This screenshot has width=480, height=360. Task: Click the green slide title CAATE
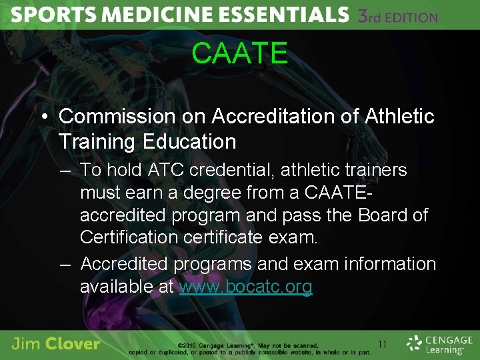[239, 53]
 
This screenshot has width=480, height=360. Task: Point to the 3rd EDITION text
[398, 16]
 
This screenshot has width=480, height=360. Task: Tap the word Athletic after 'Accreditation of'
[399, 116]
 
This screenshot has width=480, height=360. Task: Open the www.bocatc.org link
[245, 287]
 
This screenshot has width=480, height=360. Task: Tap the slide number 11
[382, 344]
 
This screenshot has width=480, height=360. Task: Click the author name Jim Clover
[55, 344]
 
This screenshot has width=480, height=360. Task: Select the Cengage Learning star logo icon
[415, 343]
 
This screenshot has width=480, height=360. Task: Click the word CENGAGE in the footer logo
[446, 339]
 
